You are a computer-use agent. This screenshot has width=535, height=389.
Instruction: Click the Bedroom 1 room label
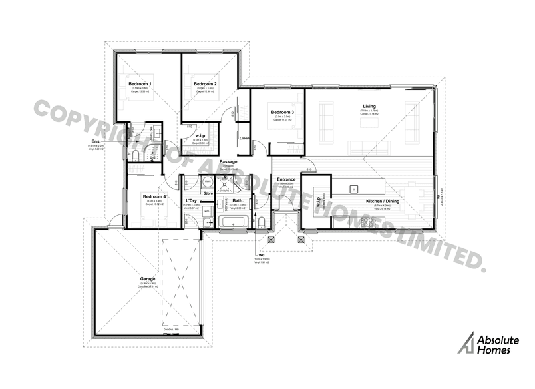[141, 83]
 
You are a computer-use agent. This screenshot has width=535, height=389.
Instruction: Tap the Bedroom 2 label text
[206, 83]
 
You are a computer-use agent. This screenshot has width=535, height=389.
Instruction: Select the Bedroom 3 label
[282, 111]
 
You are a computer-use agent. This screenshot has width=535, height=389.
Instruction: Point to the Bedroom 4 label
[154, 196]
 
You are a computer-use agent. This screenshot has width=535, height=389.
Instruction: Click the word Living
[369, 106]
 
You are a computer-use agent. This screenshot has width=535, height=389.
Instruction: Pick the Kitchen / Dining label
[381, 200]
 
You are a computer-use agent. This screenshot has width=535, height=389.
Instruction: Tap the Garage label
[147, 279]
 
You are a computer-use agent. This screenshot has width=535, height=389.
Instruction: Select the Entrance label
[286, 179]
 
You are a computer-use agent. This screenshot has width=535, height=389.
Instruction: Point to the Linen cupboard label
[244, 138]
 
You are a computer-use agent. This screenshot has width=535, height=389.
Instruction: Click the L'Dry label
[191, 200]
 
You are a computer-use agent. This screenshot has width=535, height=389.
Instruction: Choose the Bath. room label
[238, 200]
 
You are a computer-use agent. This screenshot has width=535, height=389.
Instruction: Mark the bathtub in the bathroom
[233, 222]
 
